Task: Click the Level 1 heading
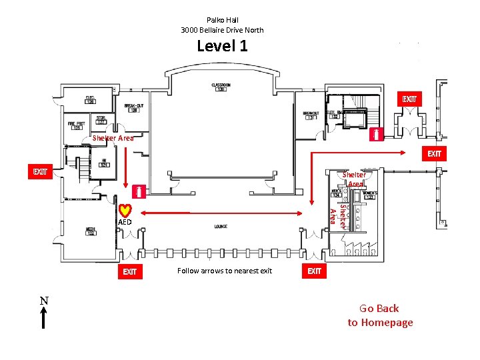click(x=222, y=46)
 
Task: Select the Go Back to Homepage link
click(x=380, y=315)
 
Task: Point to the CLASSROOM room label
click(x=221, y=87)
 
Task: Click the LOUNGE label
click(x=221, y=227)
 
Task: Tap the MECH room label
click(x=90, y=231)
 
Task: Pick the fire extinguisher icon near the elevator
click(x=378, y=134)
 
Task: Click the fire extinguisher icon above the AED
click(x=139, y=192)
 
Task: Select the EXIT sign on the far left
click(x=41, y=172)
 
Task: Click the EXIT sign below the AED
click(x=129, y=271)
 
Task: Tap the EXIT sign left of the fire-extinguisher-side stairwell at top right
click(x=409, y=99)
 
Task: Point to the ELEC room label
click(x=89, y=99)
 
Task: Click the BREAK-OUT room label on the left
click(x=133, y=107)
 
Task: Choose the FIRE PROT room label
click(x=76, y=125)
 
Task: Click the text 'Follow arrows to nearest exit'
click(x=225, y=271)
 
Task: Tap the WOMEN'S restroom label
click(x=369, y=195)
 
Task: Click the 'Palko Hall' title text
click(x=222, y=20)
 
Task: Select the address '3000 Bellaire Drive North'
click(x=222, y=30)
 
